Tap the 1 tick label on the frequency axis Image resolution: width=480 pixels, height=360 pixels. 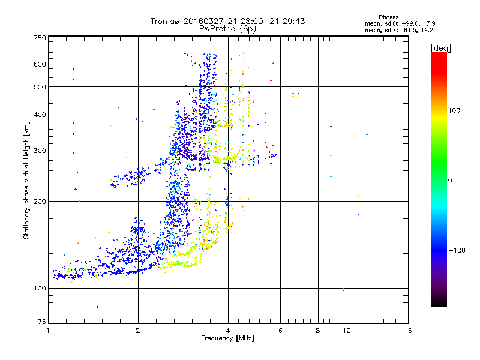pyautogui.click(x=48, y=331)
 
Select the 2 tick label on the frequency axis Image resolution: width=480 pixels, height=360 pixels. pyautogui.click(x=138, y=331)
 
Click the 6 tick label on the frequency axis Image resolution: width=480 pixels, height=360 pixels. pyautogui.click(x=280, y=331)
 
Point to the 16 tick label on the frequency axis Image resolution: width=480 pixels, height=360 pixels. pyautogui.click(x=407, y=331)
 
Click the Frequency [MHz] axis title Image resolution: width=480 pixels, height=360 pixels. pyautogui.click(x=228, y=339)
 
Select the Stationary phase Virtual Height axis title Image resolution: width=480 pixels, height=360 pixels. pyautogui.click(x=26, y=180)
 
